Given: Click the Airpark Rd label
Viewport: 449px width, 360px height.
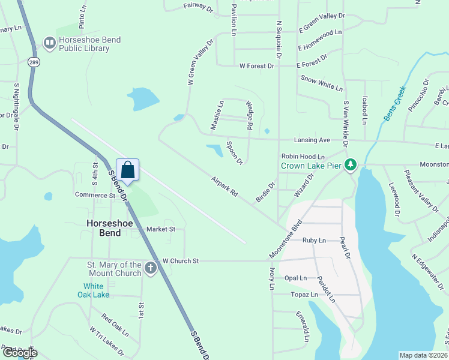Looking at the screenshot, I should (x=225, y=187).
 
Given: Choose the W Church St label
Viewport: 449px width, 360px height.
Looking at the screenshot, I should (x=180, y=261).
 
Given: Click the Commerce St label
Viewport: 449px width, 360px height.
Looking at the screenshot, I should (x=95, y=195).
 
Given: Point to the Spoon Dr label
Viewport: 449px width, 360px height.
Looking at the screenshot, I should (x=234, y=153).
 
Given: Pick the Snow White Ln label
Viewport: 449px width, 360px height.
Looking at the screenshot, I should (x=322, y=83).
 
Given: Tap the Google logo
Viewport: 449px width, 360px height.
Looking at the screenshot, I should (x=19, y=353).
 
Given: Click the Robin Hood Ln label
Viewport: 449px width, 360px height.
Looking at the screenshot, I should (x=303, y=156).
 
